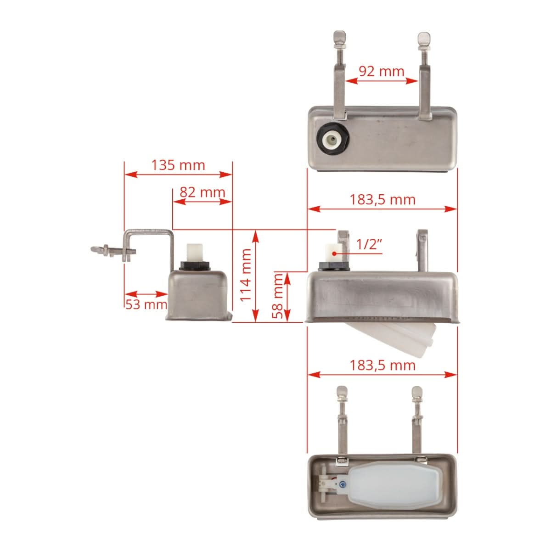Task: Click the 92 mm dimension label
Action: coord(381,71)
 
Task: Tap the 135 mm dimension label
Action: coord(178,165)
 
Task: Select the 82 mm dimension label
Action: coord(202,192)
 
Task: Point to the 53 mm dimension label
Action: coord(146,304)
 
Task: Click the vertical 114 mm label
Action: coord(246,275)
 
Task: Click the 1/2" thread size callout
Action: coord(369,244)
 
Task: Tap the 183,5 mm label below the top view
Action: coord(382,200)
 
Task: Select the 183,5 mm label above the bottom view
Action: coord(382,365)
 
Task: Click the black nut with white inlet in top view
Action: coord(333,140)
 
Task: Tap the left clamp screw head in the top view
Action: coord(339,36)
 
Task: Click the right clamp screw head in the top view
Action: coord(422,37)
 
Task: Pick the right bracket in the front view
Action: coord(422,250)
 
